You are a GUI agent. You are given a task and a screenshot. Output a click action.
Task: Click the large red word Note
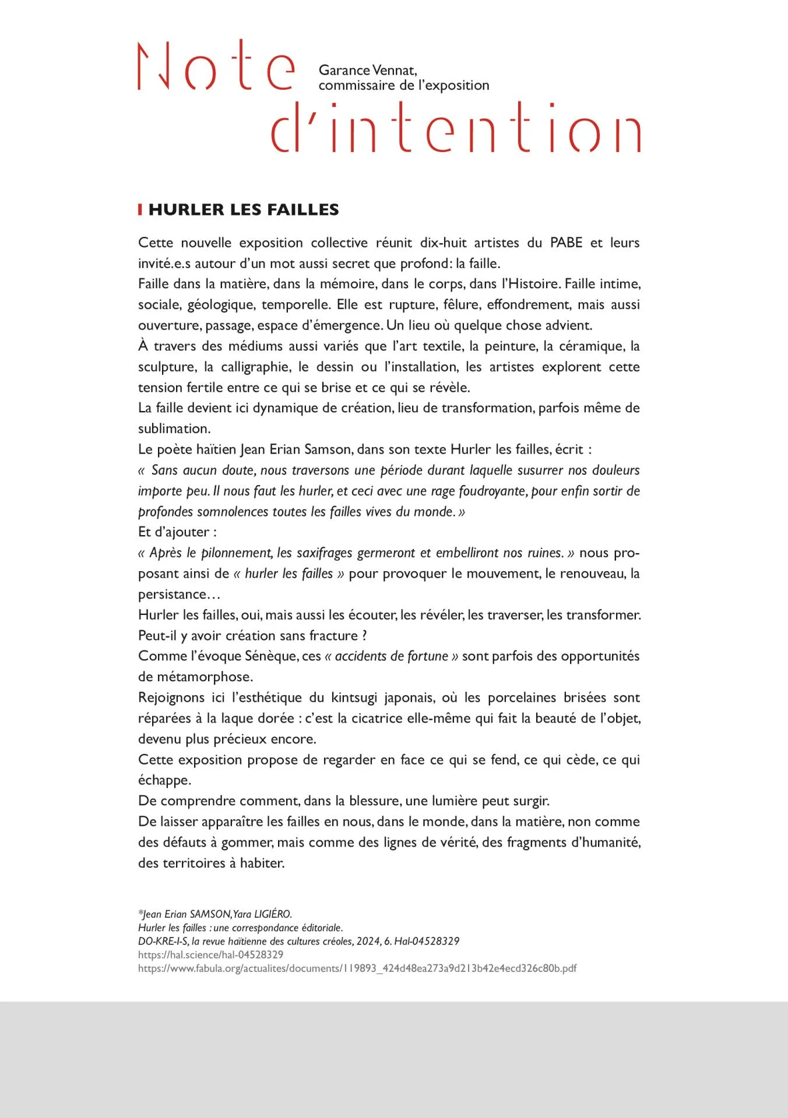(x=216, y=67)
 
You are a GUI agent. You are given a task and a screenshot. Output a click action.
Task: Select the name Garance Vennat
(x=367, y=70)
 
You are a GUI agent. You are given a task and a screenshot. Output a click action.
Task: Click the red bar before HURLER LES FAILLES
(x=140, y=210)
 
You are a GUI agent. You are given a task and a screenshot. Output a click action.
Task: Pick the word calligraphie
(x=255, y=367)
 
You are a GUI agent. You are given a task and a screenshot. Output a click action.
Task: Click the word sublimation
(x=174, y=429)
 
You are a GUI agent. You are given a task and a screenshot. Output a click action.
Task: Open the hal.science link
(x=210, y=955)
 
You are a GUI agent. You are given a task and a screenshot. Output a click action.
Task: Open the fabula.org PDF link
(x=357, y=968)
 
